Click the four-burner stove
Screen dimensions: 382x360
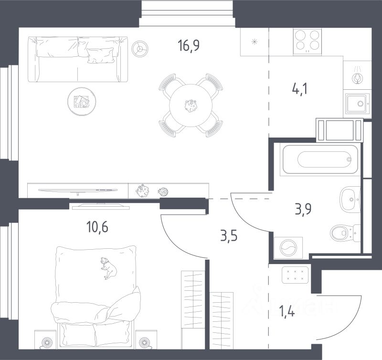coord(307,41)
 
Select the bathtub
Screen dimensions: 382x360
coord(319,159)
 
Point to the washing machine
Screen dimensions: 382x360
coord(289,248)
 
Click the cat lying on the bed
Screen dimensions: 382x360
coord(109,267)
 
